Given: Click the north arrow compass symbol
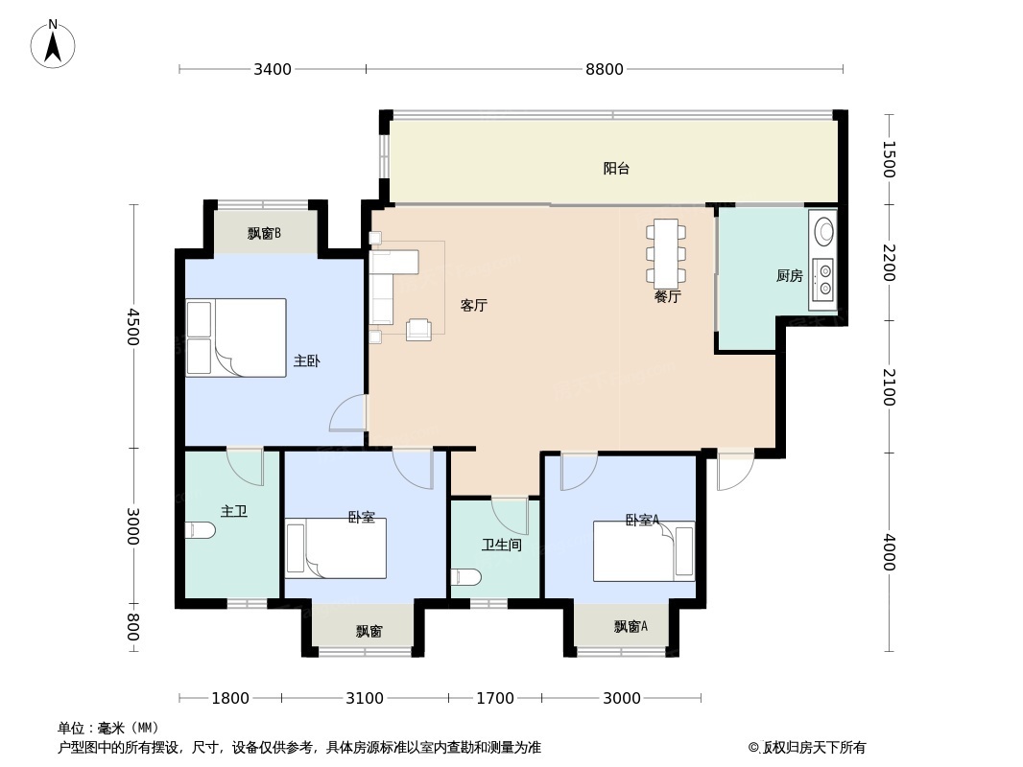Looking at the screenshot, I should pyautogui.click(x=53, y=44).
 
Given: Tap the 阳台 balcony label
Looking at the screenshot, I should pyautogui.click(x=616, y=169).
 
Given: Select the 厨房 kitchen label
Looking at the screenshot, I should pyautogui.click(x=789, y=276).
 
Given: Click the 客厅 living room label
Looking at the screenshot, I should pyautogui.click(x=474, y=306).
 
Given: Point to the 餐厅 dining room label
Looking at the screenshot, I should pyautogui.click(x=667, y=297).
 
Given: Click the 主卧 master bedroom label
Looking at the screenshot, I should pyautogui.click(x=306, y=361).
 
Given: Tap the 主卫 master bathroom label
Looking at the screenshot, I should pyautogui.click(x=234, y=512).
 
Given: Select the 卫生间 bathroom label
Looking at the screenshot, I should pyautogui.click(x=501, y=546).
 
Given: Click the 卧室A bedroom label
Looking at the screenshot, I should pyautogui.click(x=642, y=521).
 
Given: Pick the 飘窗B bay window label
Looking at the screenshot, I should pyautogui.click(x=264, y=233).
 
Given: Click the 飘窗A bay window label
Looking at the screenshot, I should pyautogui.click(x=630, y=627).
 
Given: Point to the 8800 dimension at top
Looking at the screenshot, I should pyautogui.click(x=605, y=69).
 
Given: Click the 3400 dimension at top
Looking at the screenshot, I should pyautogui.click(x=273, y=69).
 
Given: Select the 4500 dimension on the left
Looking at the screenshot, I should pyautogui.click(x=133, y=327).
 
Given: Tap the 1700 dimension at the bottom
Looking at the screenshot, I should pyautogui.click(x=495, y=698).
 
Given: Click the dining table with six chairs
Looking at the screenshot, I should pyautogui.click(x=665, y=253).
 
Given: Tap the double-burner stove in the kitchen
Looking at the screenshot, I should pyautogui.click(x=822, y=279).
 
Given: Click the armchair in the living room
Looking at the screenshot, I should pyautogui.click(x=419, y=330).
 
